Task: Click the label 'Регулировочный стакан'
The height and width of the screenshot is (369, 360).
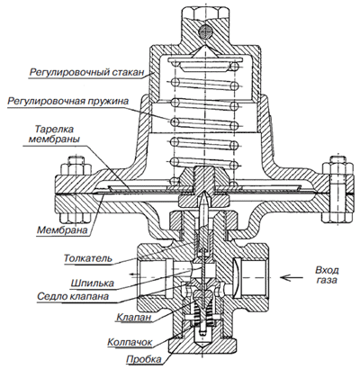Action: tap(86, 73)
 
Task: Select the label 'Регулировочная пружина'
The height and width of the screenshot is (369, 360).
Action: tap(67, 101)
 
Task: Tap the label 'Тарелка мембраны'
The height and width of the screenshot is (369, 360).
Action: tap(54, 134)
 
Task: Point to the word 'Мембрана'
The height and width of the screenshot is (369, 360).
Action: tap(62, 230)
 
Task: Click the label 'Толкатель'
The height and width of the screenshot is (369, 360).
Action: tap(88, 258)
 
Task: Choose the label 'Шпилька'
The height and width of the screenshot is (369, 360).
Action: tap(92, 283)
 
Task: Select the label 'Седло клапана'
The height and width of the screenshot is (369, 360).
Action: tap(73, 296)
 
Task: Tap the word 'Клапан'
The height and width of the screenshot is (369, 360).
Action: tap(134, 317)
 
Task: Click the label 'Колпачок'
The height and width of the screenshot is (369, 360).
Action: tap(130, 342)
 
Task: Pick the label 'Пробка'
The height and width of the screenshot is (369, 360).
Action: tap(144, 359)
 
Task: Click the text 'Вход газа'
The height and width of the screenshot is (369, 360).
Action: tap(327, 275)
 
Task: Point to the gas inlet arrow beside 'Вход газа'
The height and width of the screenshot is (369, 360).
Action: tap(292, 277)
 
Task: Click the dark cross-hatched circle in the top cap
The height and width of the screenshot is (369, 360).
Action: tap(205, 31)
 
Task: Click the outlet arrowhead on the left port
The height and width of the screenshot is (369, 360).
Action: tap(131, 274)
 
